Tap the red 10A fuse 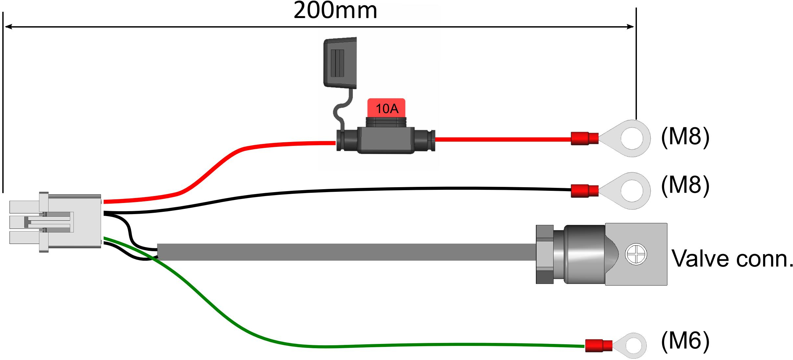(386, 108)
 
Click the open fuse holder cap (340, 63)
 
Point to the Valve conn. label (732, 259)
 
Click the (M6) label (685, 341)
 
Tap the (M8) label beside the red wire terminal (685, 136)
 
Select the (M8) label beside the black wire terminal (685, 186)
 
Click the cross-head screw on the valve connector (636, 254)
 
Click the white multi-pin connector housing (55, 222)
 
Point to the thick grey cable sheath (347, 252)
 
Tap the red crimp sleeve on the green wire (599, 346)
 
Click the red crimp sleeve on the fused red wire (584, 138)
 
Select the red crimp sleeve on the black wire (584, 191)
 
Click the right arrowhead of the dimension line (630, 27)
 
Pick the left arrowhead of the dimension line (9, 27)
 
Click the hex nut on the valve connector (545, 254)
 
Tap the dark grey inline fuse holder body (386, 140)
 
